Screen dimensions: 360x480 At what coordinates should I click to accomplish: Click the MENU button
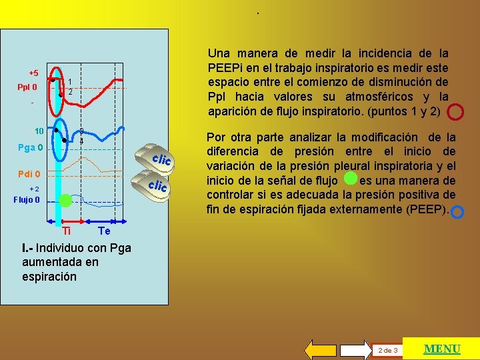point(443,349)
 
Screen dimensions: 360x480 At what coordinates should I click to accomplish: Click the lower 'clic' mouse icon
point(157,185)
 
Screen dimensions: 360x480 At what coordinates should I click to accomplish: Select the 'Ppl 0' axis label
point(27,87)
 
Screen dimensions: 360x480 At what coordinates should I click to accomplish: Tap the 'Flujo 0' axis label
point(28,199)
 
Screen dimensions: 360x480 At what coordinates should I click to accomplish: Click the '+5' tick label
point(33,73)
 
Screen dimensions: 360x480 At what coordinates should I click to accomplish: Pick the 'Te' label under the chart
point(103,231)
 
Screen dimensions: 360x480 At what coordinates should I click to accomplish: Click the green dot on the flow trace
point(65,200)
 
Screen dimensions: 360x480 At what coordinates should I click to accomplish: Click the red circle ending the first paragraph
point(455,111)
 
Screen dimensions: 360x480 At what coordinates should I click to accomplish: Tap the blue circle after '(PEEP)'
point(457,212)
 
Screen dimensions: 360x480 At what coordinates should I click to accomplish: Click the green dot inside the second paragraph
point(349,179)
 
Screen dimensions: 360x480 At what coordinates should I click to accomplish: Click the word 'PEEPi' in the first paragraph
point(224,67)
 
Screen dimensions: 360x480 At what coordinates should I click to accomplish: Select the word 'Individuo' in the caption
point(59,248)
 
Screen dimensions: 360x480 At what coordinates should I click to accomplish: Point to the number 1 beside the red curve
point(71,81)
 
